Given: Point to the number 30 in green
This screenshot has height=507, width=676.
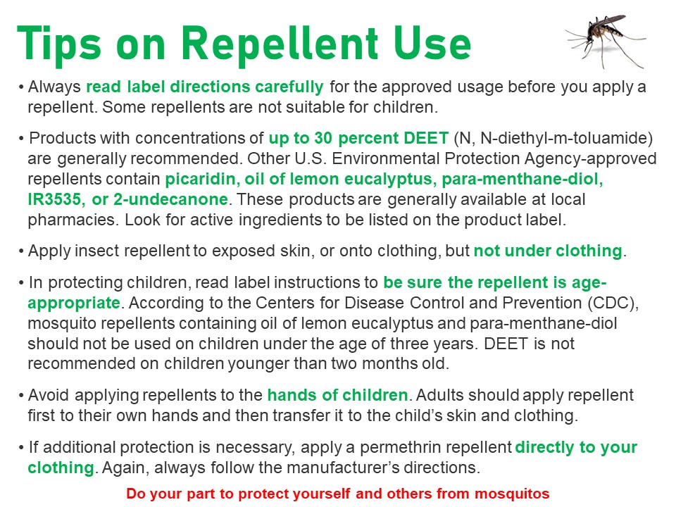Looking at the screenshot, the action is (323, 138).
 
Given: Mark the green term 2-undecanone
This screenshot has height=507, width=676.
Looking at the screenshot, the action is (170, 199).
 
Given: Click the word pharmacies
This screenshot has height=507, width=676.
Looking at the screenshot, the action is (73, 220).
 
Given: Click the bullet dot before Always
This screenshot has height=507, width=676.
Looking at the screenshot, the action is (21, 87).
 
